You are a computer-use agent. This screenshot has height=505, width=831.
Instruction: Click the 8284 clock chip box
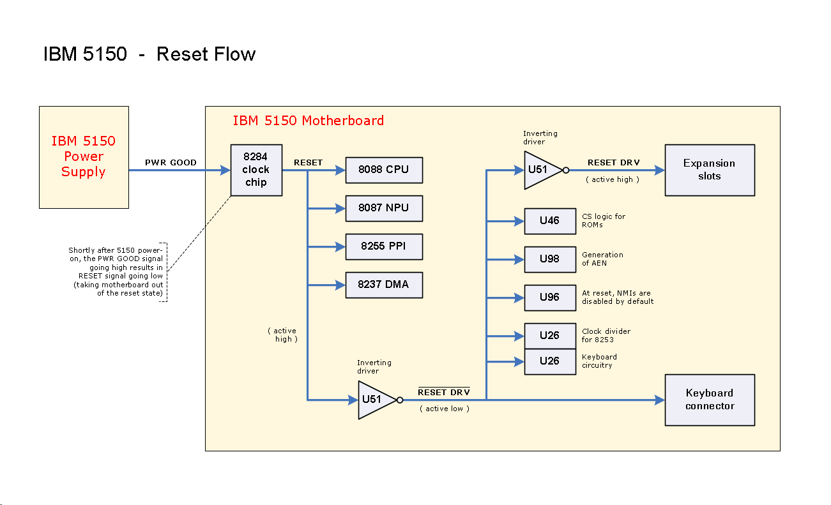(256, 170)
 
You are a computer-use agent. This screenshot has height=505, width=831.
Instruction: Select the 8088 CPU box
(384, 170)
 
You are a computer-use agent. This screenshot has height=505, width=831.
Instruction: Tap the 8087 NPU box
(384, 208)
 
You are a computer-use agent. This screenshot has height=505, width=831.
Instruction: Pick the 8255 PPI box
(384, 246)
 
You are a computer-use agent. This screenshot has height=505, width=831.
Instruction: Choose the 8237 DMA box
(384, 285)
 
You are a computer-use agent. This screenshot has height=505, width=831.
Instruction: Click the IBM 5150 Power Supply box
(84, 157)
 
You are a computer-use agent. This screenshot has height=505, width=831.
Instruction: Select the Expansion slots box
(710, 170)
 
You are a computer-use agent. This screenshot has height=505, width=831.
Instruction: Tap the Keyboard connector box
(710, 400)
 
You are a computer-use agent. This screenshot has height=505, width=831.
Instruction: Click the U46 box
(549, 221)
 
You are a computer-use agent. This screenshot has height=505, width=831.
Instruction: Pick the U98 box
(549, 259)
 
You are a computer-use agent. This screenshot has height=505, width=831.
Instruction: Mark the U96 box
(549, 298)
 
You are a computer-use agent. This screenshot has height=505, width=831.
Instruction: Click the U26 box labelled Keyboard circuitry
(549, 361)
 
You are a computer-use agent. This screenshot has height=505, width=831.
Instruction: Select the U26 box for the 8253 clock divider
(549, 336)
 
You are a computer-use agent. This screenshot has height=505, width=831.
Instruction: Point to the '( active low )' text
(445, 409)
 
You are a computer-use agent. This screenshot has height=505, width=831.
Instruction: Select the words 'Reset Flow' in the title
(206, 54)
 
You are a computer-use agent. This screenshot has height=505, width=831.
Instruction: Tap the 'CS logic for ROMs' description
(603, 220)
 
